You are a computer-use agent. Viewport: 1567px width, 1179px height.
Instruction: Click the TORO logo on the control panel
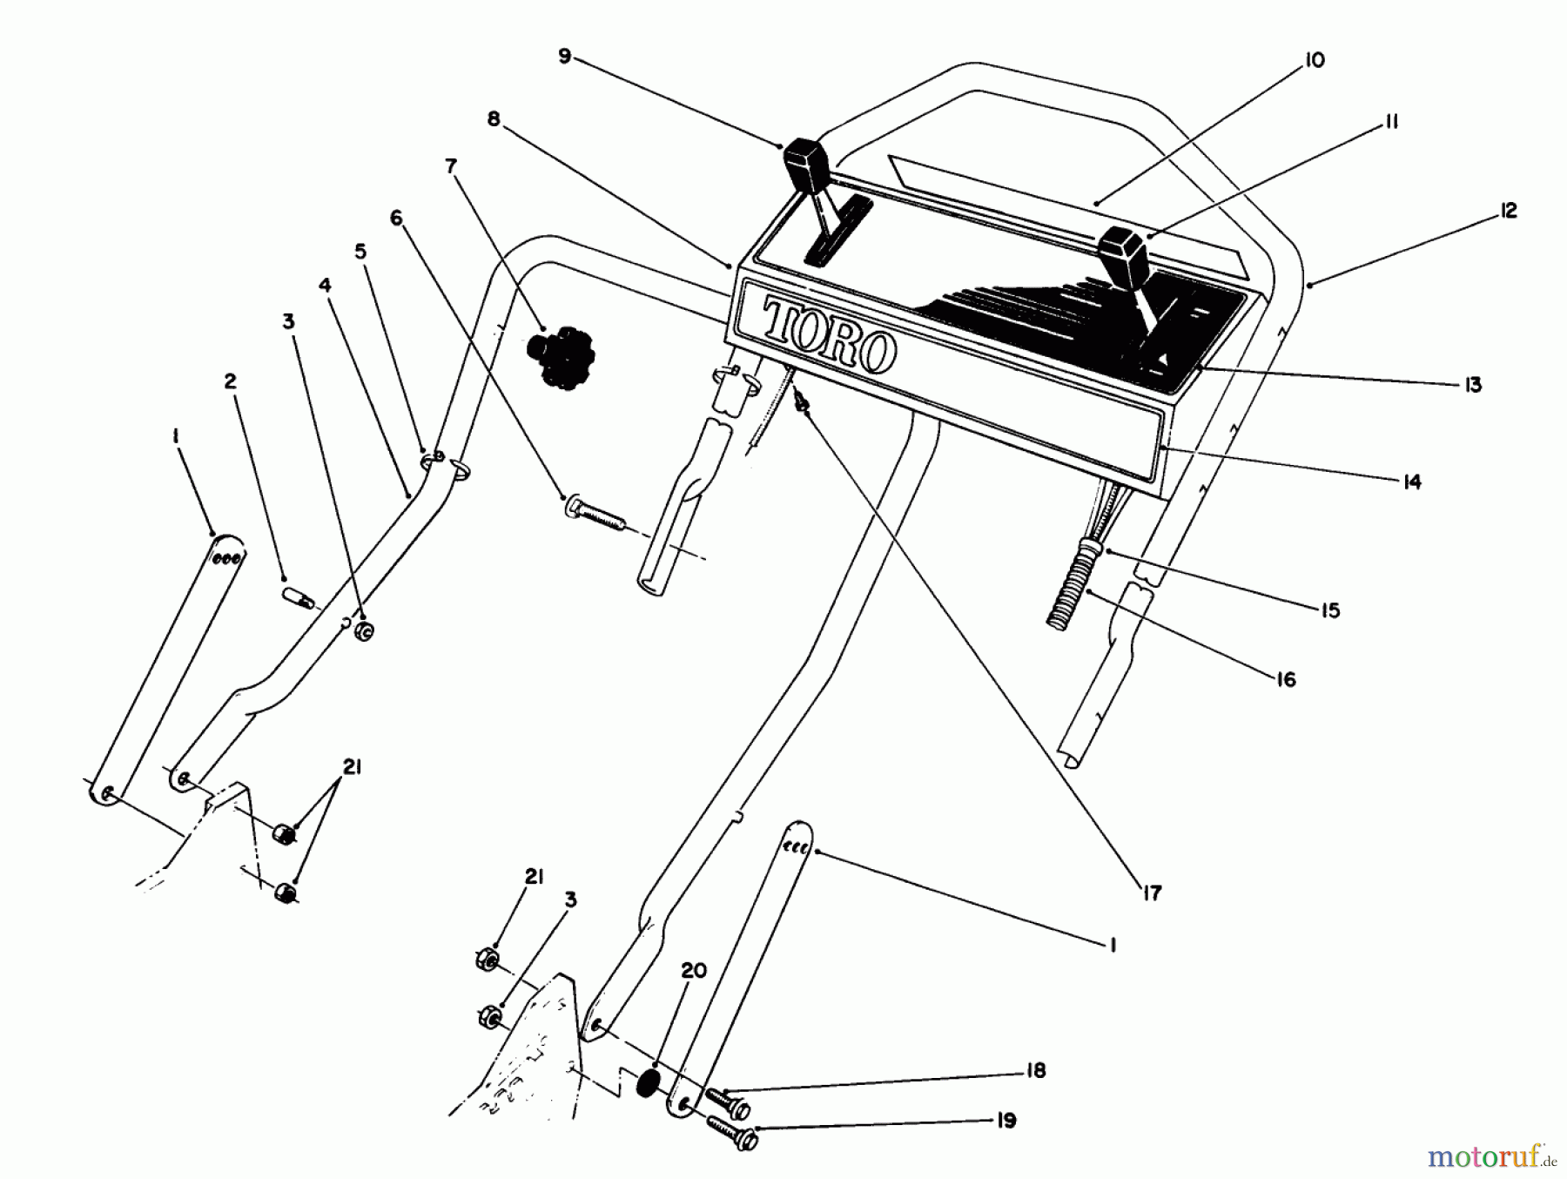click(829, 337)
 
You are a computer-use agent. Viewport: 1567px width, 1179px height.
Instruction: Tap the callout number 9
click(564, 57)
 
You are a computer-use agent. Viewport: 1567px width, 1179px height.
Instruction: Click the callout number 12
click(1509, 211)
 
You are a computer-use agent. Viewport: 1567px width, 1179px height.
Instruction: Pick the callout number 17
click(1152, 893)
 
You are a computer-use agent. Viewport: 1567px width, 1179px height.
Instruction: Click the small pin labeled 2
click(299, 598)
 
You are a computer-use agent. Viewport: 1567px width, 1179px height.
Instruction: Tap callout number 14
click(1411, 482)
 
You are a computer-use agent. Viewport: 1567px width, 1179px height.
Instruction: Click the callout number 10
click(1315, 60)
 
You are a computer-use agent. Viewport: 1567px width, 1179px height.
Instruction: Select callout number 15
click(1330, 610)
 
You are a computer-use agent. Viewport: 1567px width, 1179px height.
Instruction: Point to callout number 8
click(494, 119)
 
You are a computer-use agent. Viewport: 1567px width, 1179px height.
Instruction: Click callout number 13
click(1472, 384)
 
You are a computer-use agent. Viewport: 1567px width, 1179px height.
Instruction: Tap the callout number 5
click(360, 252)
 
